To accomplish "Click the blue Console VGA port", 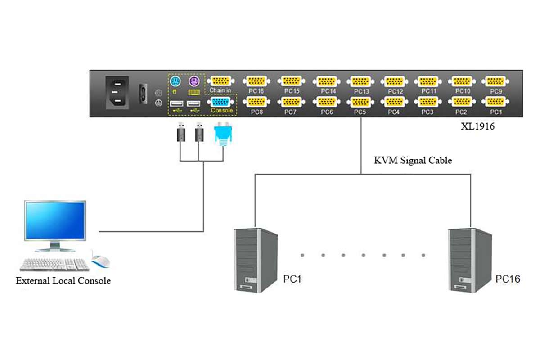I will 221,102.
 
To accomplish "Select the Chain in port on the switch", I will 220,81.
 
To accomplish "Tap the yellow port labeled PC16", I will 256,81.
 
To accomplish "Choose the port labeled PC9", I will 495,81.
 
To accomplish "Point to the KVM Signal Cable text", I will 413,160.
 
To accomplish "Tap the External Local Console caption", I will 63,281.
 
